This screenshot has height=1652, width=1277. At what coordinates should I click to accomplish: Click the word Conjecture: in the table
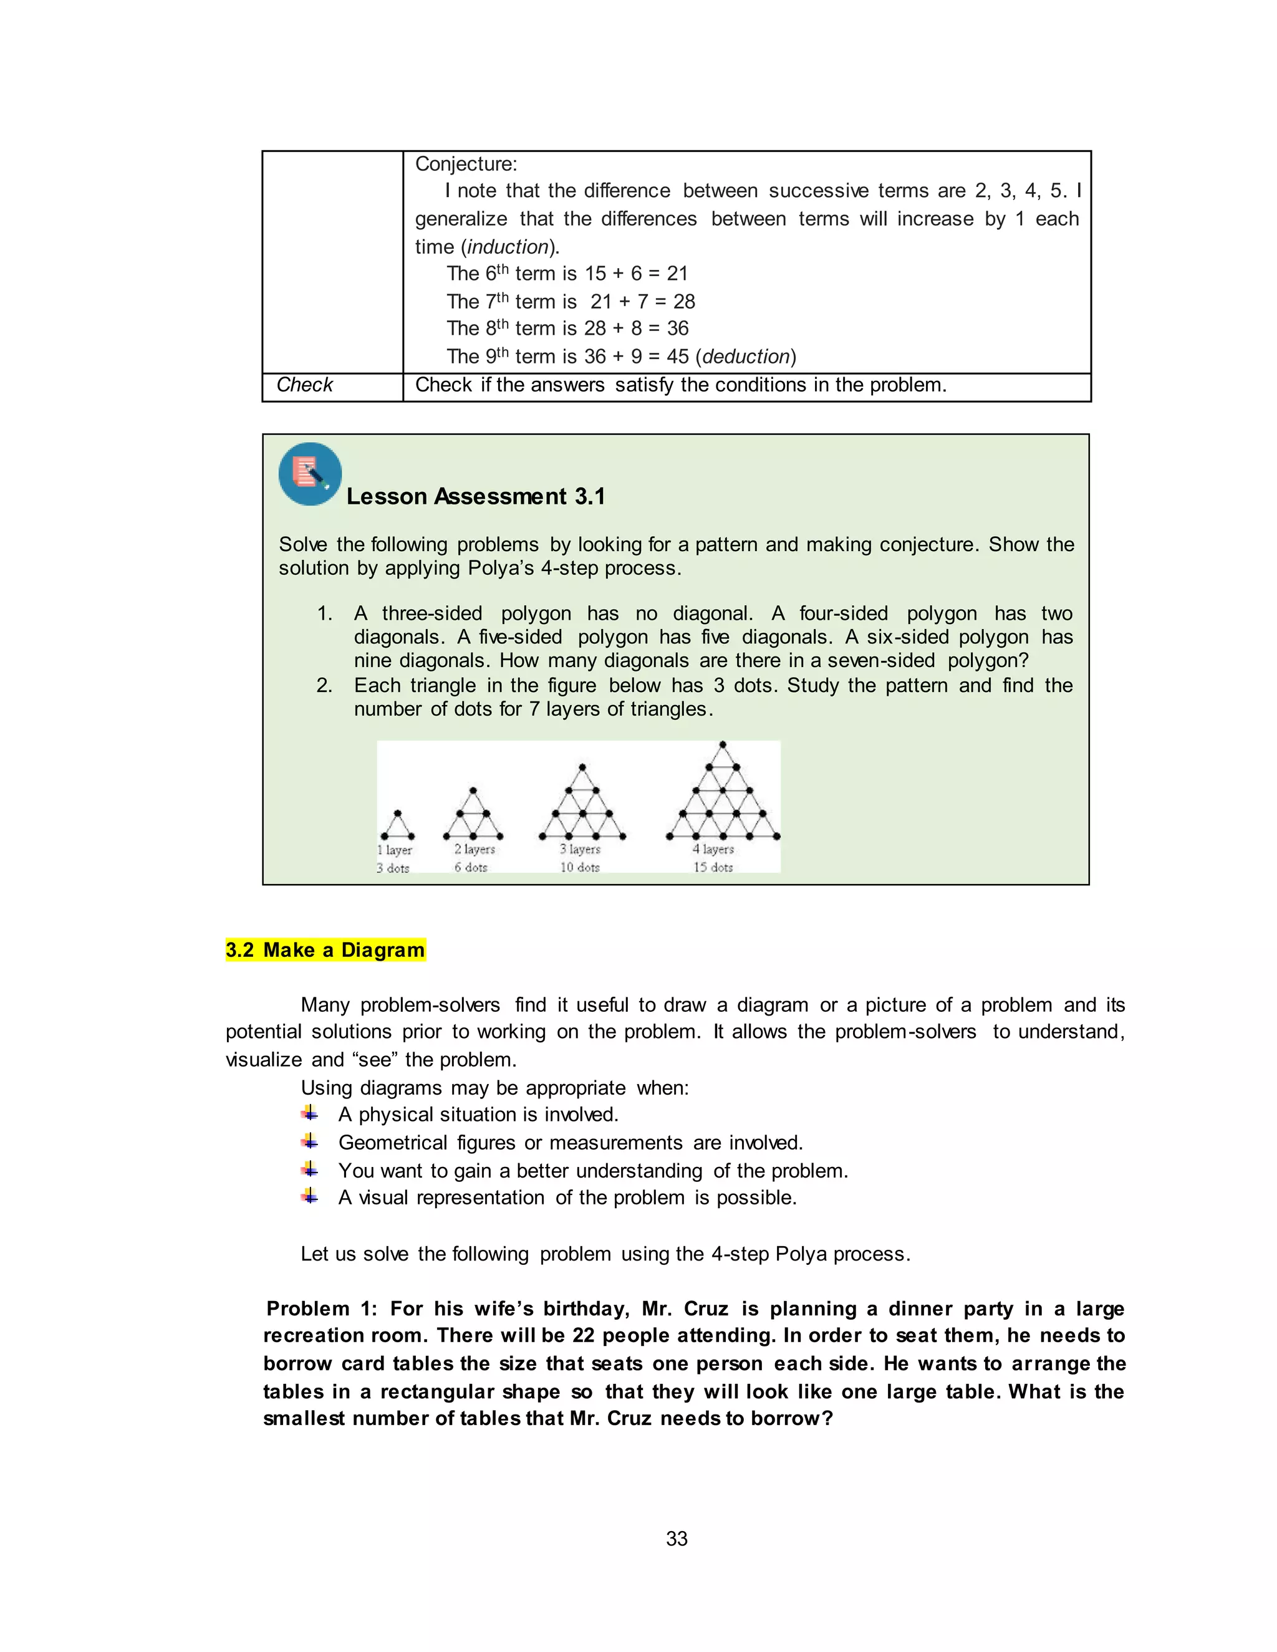466,164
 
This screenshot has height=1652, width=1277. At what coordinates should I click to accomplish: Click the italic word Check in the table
304,385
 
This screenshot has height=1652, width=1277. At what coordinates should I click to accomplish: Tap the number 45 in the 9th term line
677,356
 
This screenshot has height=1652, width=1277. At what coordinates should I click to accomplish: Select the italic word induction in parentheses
508,247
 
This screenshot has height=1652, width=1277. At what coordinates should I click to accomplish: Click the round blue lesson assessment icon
310,474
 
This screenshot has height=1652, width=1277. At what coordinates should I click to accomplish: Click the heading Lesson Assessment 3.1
476,496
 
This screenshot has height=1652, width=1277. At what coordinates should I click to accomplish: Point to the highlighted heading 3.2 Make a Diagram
325,950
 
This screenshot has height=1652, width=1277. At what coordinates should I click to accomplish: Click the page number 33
677,1539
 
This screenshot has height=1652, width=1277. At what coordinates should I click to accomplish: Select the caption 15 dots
713,868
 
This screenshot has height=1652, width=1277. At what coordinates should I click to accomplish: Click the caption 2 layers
475,850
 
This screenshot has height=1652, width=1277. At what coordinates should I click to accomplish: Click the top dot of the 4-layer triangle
723,744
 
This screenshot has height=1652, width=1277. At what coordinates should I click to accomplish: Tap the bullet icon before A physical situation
309,1113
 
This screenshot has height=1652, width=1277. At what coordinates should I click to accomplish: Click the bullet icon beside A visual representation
309,1197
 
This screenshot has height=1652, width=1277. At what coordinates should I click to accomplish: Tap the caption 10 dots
579,868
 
